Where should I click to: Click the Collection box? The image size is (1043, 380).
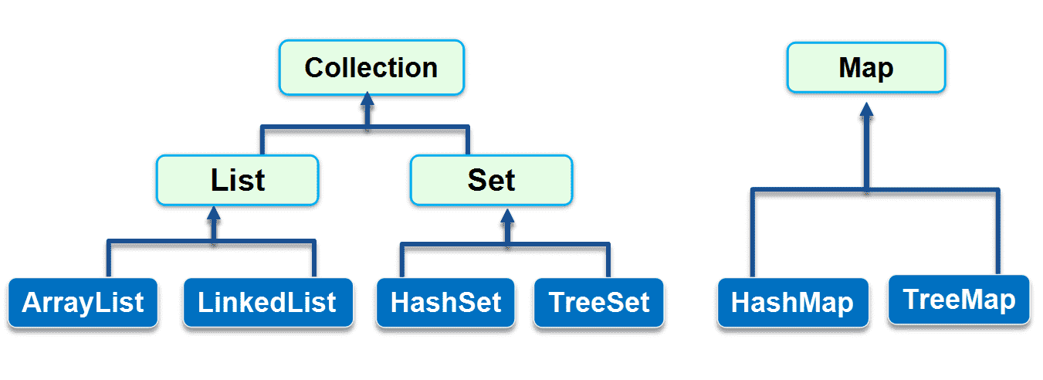371,67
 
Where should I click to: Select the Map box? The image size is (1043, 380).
866,67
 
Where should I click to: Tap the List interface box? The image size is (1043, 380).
238,180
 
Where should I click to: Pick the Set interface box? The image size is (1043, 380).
491,180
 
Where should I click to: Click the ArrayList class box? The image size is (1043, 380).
83,303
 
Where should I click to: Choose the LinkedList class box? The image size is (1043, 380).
268,303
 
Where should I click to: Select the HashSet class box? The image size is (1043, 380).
445,303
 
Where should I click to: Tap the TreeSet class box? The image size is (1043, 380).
599,303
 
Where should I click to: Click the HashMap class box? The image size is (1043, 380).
793,303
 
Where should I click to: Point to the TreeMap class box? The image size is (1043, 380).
959,300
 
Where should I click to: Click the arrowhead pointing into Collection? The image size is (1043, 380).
367,99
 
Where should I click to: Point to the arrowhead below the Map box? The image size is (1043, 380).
866,110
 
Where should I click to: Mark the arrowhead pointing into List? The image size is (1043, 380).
214,214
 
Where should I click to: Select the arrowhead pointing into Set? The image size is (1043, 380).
507,216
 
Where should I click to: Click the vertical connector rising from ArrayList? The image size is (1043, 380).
109,259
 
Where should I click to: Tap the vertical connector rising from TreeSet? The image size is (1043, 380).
608,261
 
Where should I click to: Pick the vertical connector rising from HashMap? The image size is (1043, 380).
753,233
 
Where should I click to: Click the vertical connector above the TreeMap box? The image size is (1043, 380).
997,232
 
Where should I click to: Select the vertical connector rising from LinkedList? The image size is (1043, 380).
314,259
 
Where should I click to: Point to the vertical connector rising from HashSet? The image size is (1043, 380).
402,261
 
